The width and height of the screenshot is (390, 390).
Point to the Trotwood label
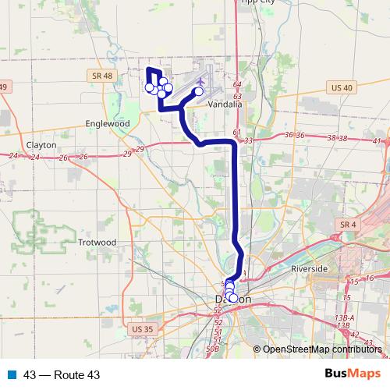click(x=97, y=243)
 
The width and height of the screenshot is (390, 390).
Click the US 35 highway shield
click(x=143, y=329)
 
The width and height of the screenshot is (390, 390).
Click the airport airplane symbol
click(x=201, y=80)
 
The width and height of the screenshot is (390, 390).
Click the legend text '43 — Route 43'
click(x=62, y=375)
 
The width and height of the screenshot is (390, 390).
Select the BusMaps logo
click(x=353, y=374)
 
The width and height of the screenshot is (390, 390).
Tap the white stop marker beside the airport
click(x=198, y=91)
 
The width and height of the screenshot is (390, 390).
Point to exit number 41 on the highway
click(x=378, y=141)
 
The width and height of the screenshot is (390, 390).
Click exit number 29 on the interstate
click(x=140, y=149)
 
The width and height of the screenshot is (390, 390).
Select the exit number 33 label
click(x=249, y=140)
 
